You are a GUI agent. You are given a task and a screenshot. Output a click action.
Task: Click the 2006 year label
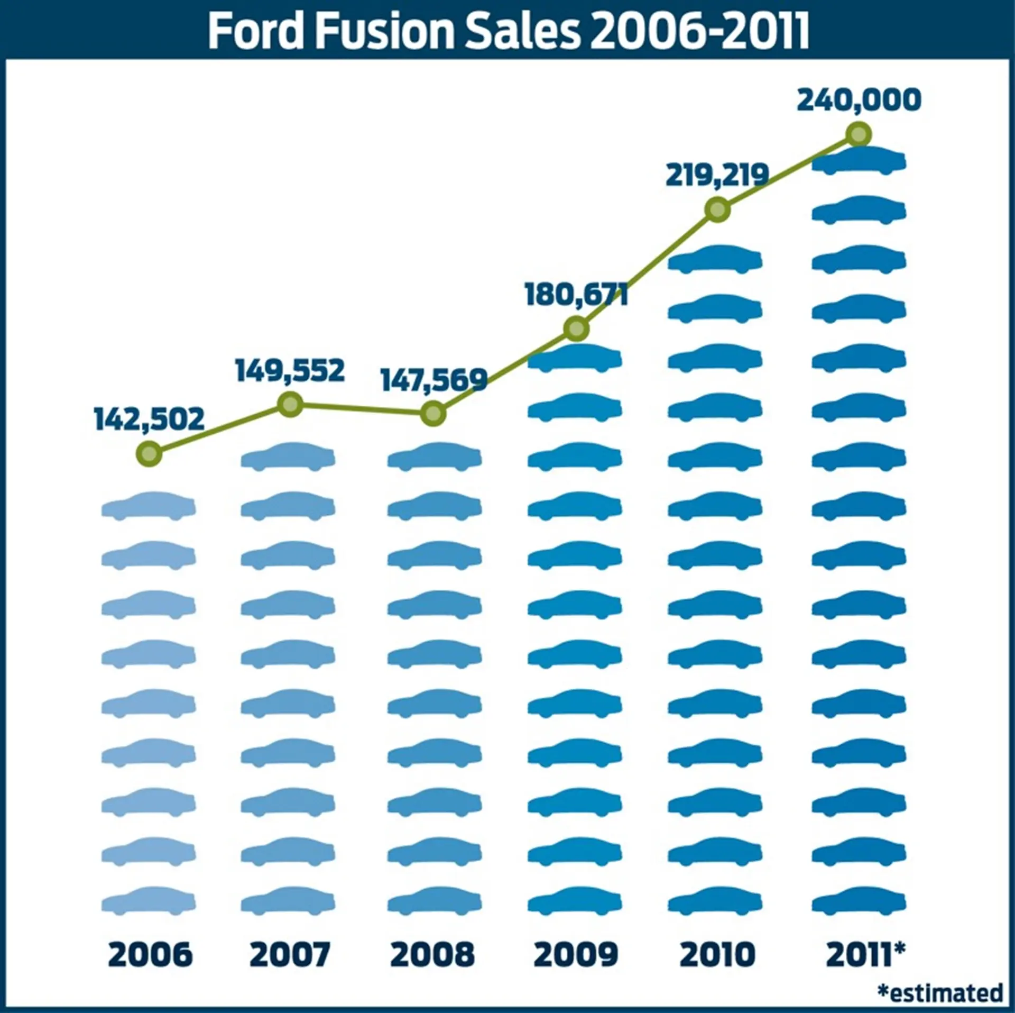pos(150,954)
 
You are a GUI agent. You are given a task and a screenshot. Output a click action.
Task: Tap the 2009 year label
pos(576,954)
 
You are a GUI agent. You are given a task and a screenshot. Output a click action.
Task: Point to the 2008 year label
pos(432,954)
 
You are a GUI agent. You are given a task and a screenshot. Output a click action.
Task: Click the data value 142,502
pos(149,419)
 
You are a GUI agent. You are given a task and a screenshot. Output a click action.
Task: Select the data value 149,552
pos(290,370)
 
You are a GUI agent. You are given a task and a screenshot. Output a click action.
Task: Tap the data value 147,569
pos(433,379)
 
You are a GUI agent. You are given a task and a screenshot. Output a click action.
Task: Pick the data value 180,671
pos(576,294)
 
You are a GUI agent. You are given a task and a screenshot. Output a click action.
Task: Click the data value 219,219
pos(717,175)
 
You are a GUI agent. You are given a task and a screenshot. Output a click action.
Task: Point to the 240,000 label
pos(859,99)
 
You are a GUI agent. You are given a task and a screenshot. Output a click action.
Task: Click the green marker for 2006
pos(149,453)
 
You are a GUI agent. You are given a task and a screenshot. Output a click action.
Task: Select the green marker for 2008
pos(433,414)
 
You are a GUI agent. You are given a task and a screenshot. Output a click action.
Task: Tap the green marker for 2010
pos(717,210)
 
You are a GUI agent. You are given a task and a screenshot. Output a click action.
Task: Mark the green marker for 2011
pos(859,134)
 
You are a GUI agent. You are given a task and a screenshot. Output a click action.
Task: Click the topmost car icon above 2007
pos(288,457)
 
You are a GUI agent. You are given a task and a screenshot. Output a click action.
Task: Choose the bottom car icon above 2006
pos(149,901)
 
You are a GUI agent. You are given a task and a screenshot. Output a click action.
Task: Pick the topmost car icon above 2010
pos(715,259)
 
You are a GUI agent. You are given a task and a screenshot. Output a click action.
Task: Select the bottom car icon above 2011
pos(859,901)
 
